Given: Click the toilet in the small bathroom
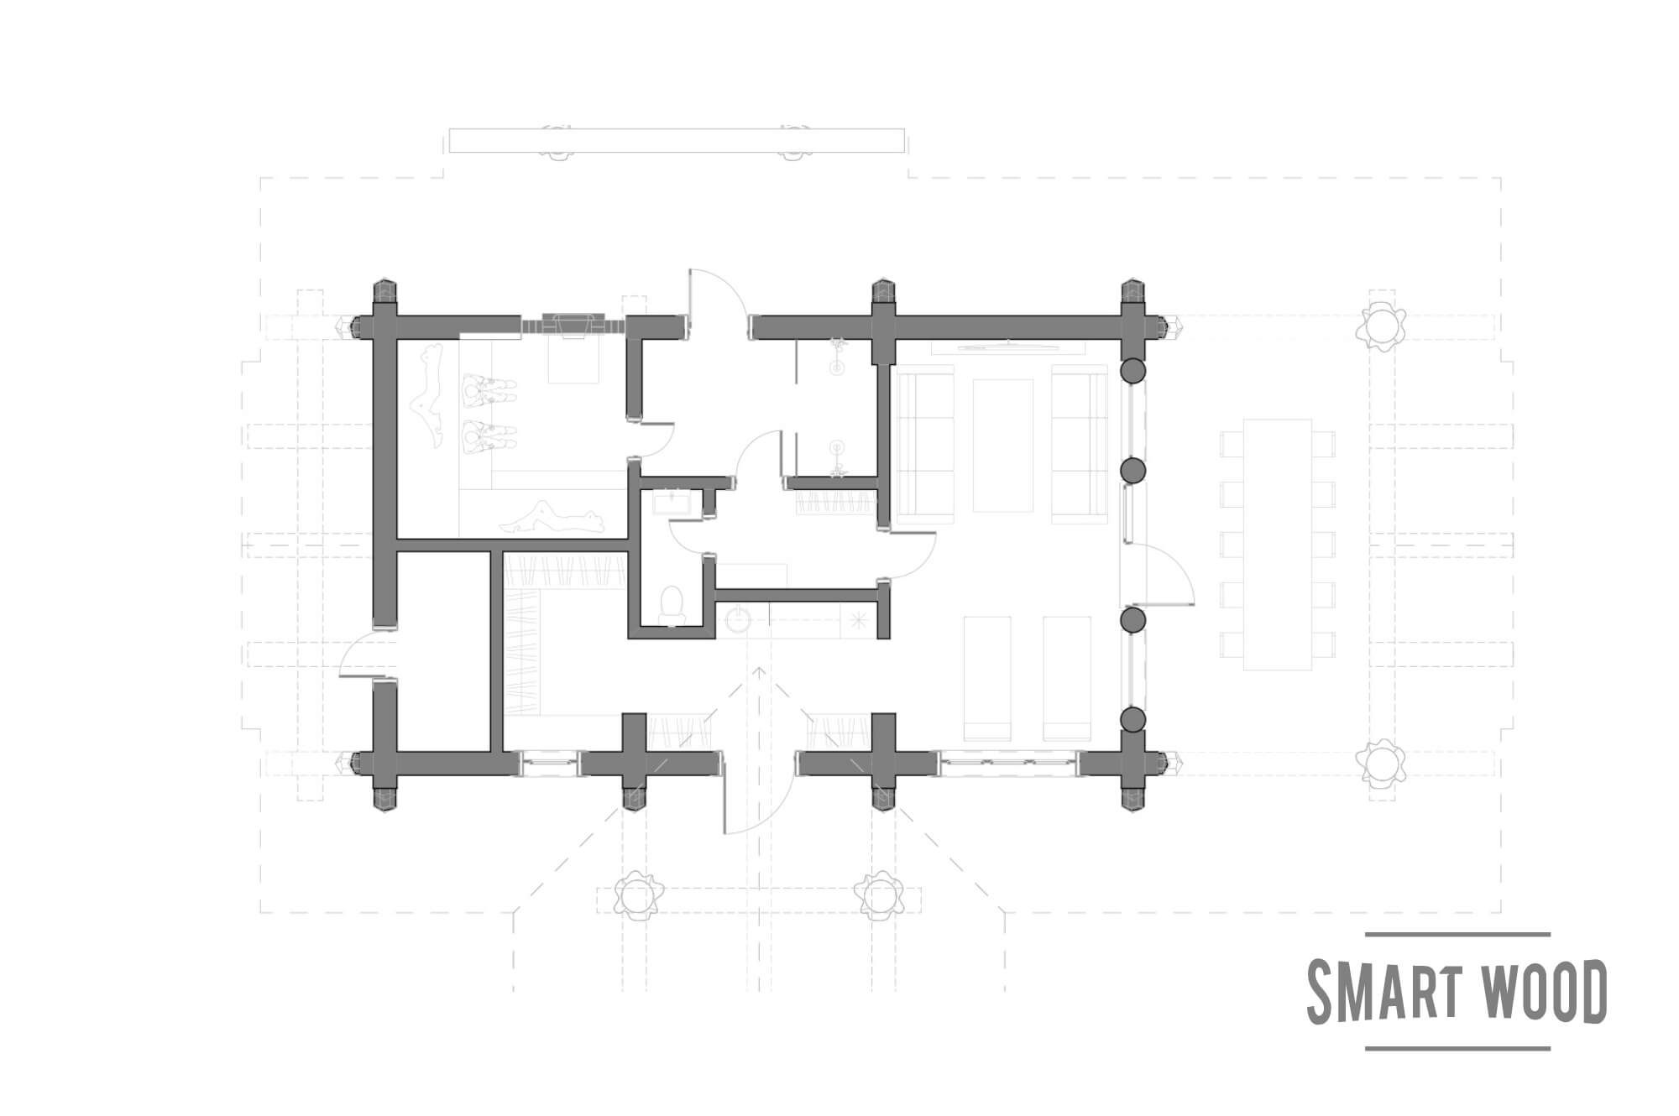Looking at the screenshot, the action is pyautogui.click(x=672, y=604).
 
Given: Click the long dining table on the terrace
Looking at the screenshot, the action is pyautogui.click(x=1277, y=545).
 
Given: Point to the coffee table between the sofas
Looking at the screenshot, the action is pyautogui.click(x=1002, y=445).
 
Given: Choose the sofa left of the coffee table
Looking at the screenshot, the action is pyautogui.click(x=926, y=449).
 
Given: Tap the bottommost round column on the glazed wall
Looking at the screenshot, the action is pyautogui.click(x=1133, y=719).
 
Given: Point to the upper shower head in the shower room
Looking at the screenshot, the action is pyautogui.click(x=836, y=357).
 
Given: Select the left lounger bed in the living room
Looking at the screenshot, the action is pyautogui.click(x=987, y=678).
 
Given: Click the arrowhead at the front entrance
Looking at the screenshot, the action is pyautogui.click(x=759, y=671).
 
